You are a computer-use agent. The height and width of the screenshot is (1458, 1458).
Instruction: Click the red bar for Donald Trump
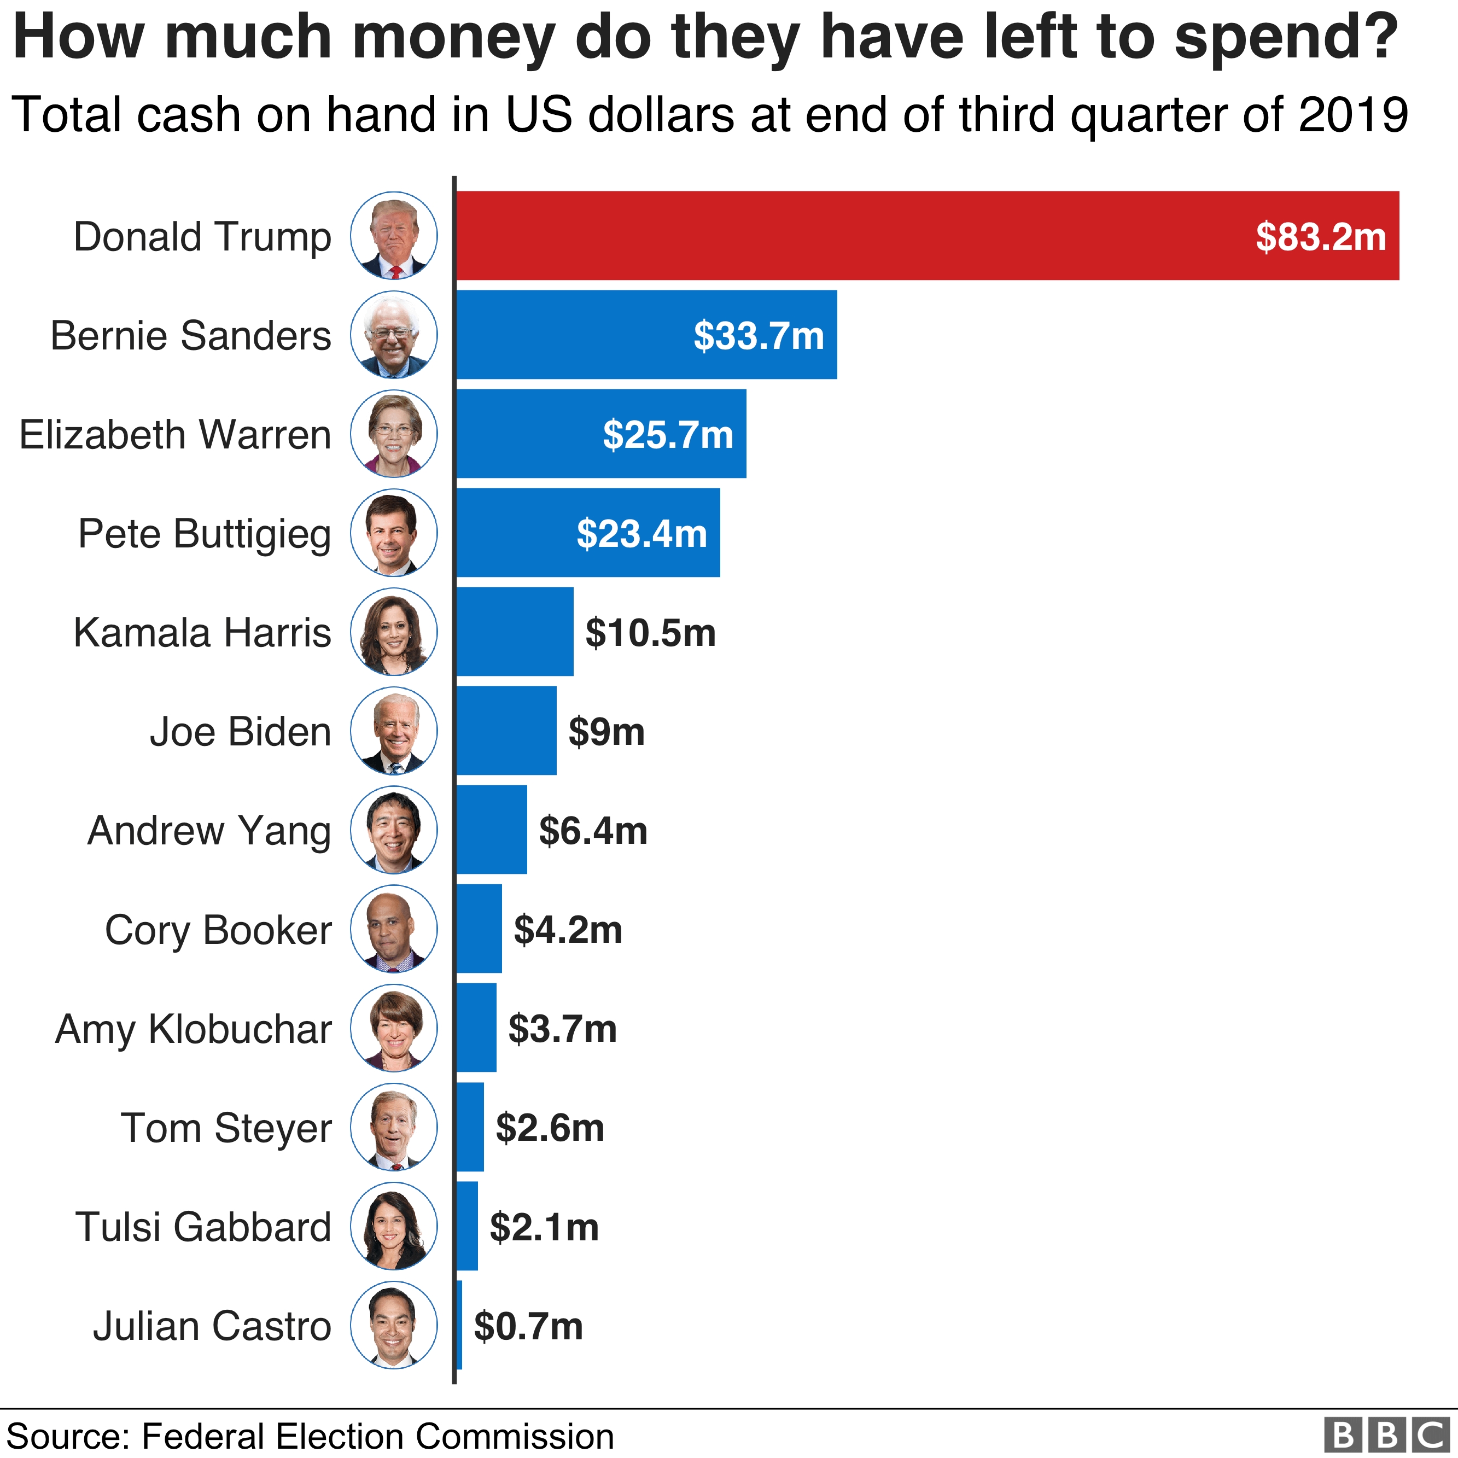coord(830,236)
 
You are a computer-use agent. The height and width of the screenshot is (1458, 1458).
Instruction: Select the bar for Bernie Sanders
coord(574,334)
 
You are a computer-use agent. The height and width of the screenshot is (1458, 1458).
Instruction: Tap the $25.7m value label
coord(668,435)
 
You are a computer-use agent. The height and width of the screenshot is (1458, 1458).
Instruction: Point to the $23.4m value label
coord(641,534)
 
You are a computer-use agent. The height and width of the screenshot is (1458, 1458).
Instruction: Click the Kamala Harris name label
coord(202,632)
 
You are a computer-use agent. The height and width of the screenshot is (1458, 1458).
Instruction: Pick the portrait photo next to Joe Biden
coord(394,731)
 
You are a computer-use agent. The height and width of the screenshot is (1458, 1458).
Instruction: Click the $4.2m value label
coord(568,930)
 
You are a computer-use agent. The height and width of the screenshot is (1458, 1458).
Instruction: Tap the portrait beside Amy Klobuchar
coord(394,1028)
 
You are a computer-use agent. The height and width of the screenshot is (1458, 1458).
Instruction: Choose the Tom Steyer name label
coord(226,1128)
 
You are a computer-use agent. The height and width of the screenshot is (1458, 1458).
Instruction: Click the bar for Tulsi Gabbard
coord(467,1226)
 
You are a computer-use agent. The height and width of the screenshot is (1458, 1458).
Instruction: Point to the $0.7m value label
coord(528,1326)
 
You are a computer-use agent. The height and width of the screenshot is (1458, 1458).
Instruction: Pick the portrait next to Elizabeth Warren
coord(394,434)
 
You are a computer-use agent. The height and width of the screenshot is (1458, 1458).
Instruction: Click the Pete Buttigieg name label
coord(205,534)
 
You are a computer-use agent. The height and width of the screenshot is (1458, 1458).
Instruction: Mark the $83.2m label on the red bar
coord(1321,237)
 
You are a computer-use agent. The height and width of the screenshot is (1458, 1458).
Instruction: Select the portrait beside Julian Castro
coord(394,1325)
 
